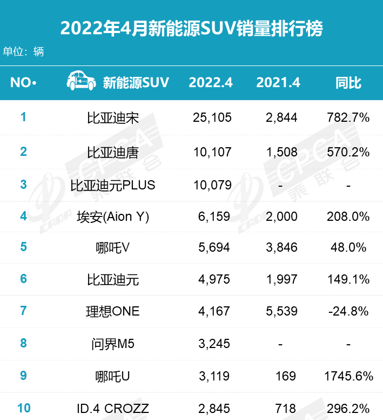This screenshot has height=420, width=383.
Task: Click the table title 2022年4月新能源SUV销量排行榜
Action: pyautogui.click(x=191, y=28)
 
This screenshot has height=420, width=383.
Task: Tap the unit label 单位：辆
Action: pyautogui.click(x=23, y=52)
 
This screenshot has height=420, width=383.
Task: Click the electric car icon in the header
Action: pyautogui.click(x=82, y=82)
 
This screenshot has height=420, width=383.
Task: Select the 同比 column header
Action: pyautogui.click(x=348, y=83)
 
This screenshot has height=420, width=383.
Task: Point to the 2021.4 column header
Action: pyautogui.click(x=278, y=83)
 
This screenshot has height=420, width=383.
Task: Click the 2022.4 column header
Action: pyautogui.click(x=211, y=83)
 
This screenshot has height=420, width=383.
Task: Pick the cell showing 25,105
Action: pyautogui.click(x=212, y=117)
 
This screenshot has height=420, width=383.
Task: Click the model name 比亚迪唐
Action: pyautogui.click(x=113, y=152)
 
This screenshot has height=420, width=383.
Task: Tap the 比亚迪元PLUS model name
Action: pyautogui.click(x=113, y=185)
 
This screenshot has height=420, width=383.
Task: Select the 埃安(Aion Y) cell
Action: pyautogui.click(x=113, y=216)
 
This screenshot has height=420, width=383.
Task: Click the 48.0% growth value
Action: pyautogui.click(x=348, y=247)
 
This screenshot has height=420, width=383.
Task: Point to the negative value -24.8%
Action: pyautogui.click(x=348, y=311)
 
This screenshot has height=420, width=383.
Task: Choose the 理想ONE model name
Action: pyautogui.click(x=113, y=311)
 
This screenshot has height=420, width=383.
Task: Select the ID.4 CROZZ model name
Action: pyautogui.click(x=113, y=408)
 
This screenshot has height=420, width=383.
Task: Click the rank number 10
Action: pyautogui.click(x=23, y=408)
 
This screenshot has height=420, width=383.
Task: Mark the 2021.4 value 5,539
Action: pyautogui.click(x=281, y=311)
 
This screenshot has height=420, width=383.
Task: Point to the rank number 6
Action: pyautogui.click(x=23, y=279)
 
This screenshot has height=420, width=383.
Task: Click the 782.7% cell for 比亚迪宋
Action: pyautogui.click(x=348, y=117)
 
